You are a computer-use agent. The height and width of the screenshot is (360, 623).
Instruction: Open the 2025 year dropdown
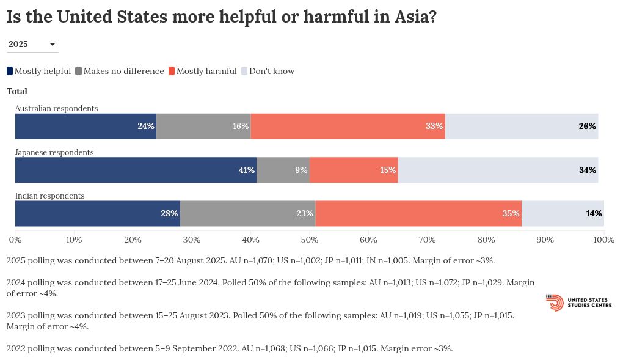click(x=32, y=44)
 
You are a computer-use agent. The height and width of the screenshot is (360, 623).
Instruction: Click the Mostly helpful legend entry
click(x=39, y=71)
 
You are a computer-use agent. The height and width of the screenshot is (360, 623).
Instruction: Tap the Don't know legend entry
click(x=268, y=71)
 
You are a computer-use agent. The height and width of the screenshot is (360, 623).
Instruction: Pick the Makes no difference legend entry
click(x=119, y=71)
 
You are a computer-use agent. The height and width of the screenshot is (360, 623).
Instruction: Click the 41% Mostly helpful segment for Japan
click(x=136, y=170)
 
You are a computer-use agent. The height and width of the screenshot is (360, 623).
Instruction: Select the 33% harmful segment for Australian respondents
click(x=348, y=127)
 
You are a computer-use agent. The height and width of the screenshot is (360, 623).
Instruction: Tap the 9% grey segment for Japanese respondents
click(x=283, y=170)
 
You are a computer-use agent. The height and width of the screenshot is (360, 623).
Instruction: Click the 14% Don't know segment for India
click(x=563, y=213)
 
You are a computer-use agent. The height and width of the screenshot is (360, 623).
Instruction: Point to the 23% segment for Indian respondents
click(x=247, y=213)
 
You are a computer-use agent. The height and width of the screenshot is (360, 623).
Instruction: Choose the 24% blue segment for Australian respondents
click(x=86, y=127)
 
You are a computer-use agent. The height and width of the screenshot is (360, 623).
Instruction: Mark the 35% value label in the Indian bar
click(x=511, y=213)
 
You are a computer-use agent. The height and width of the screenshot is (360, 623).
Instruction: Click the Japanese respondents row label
click(x=54, y=152)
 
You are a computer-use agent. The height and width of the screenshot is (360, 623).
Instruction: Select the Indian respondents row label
click(x=49, y=196)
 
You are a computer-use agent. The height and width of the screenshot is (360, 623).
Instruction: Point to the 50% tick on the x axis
click(x=310, y=240)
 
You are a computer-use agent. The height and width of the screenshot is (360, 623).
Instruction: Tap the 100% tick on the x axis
click(x=603, y=240)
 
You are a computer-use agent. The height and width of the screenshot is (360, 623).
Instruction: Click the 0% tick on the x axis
click(x=15, y=240)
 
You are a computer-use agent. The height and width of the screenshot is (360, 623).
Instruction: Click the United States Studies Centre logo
click(x=578, y=303)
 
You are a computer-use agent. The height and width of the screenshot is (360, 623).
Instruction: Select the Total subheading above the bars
click(x=17, y=91)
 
